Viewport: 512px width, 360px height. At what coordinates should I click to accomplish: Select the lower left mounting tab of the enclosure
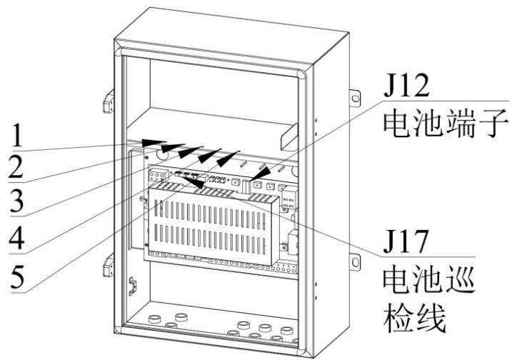pyautogui.click(x=109, y=267)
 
